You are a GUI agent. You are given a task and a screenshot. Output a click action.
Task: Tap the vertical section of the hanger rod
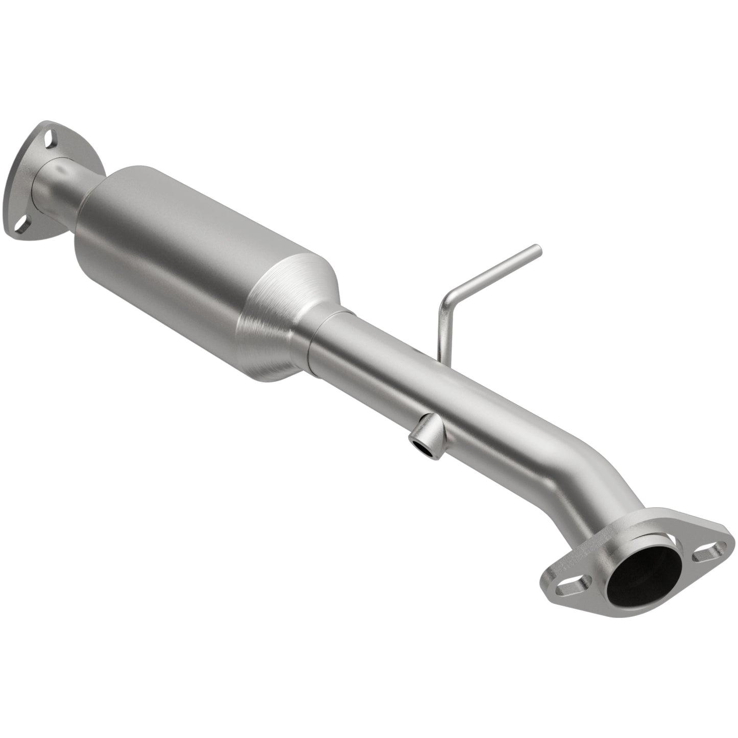tap(441, 327)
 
